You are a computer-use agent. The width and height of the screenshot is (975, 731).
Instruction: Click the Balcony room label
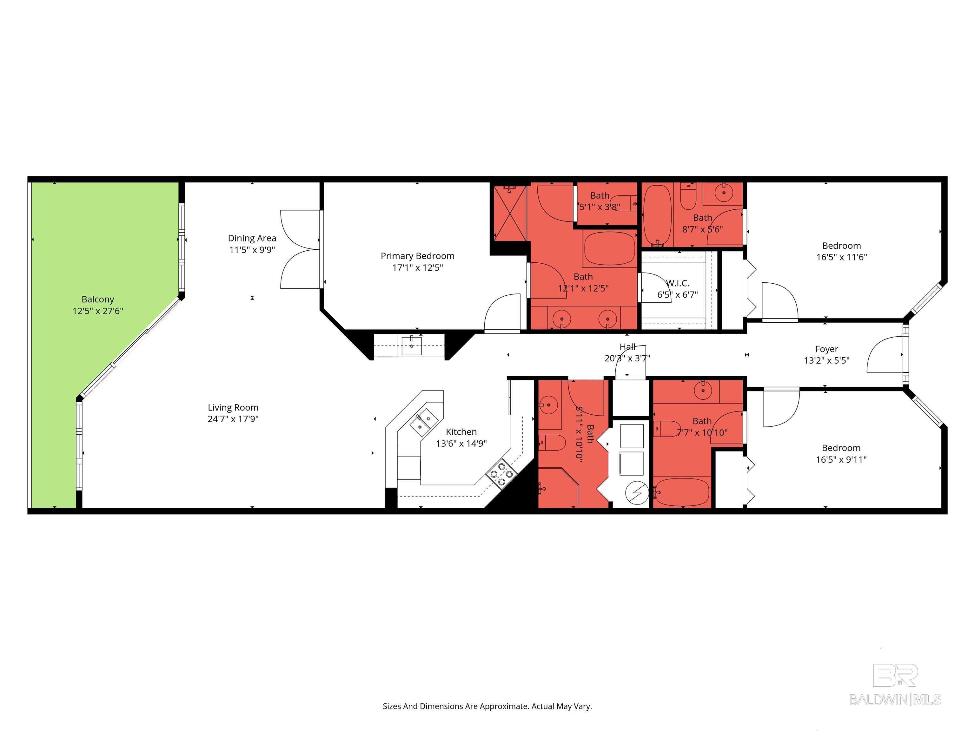click(98, 300)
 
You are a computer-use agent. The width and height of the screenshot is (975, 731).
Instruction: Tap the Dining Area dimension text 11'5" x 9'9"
click(252, 250)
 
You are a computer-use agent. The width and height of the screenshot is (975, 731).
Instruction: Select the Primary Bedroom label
click(417, 256)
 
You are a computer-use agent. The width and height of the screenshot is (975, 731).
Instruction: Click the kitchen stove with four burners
click(501, 474)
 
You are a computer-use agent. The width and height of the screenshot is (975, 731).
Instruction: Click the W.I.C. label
click(678, 283)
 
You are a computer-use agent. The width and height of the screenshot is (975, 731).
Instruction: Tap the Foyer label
click(826, 349)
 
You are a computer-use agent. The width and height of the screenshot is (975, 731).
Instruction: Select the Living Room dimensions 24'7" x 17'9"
click(233, 419)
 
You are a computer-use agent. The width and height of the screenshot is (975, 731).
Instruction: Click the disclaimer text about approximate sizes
click(487, 706)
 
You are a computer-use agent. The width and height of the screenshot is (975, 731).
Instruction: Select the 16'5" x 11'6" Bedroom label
click(841, 246)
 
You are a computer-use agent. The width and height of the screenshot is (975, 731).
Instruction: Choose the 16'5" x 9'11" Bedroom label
click(841, 448)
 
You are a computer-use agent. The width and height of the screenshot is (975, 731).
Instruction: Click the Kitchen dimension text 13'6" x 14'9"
click(461, 444)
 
